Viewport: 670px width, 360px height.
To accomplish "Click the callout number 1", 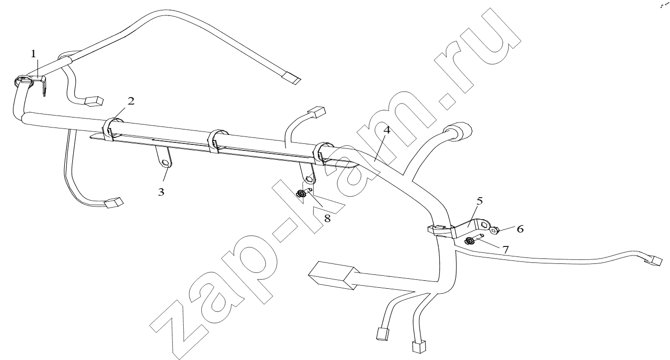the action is (x=33, y=54).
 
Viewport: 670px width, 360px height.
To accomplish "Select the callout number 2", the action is (x=131, y=102).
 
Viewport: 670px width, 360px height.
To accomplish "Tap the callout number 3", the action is (x=161, y=192).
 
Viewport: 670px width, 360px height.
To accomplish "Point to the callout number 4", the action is (x=387, y=130).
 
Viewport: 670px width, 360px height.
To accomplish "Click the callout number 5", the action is (x=480, y=201).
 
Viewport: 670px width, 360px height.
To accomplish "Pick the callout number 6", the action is (x=520, y=229).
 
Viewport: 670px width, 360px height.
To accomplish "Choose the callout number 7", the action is (x=505, y=249).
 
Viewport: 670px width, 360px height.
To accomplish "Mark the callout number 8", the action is (x=327, y=219).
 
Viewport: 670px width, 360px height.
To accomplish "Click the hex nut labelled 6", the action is (x=494, y=230).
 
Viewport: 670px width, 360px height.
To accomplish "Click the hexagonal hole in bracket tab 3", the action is (x=165, y=162).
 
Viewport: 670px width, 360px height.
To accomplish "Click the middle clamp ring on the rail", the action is (x=216, y=140).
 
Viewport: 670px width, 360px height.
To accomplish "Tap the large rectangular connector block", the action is (x=332, y=275).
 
